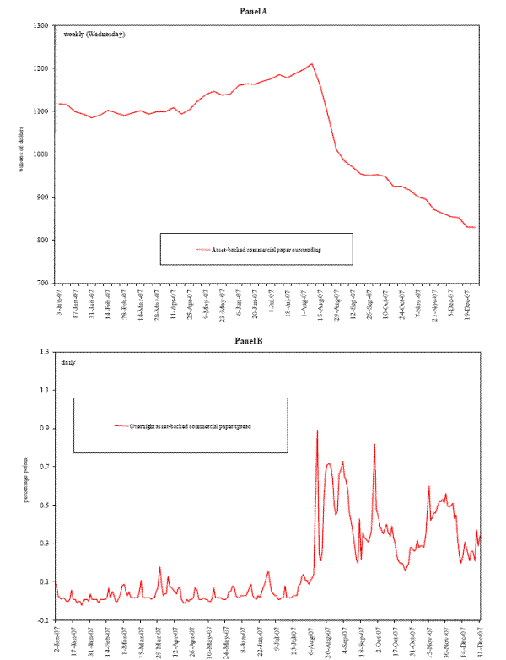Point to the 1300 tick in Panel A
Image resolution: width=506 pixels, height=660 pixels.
[x=39, y=25]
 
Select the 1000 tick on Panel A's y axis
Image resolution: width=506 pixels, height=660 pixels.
[x=39, y=154]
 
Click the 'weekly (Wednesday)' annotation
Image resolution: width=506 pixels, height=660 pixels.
[x=94, y=35]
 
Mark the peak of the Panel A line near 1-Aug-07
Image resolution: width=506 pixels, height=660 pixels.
[x=312, y=63]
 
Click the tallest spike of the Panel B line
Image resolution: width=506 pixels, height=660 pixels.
[x=317, y=431]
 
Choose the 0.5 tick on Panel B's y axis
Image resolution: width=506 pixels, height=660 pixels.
[x=43, y=506]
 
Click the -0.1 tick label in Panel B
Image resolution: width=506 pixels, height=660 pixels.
[x=41, y=620]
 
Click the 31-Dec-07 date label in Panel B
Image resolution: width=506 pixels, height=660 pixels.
[x=480, y=640]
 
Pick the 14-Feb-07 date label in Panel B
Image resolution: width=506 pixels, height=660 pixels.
[x=108, y=640]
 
